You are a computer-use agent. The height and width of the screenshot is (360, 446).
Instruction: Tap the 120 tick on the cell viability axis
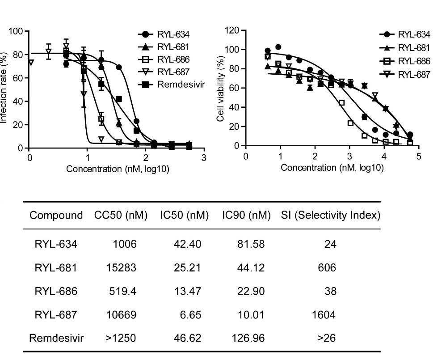pyautogui.click(x=232, y=31)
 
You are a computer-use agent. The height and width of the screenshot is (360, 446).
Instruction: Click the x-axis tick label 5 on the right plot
pyautogui.click(x=418, y=157)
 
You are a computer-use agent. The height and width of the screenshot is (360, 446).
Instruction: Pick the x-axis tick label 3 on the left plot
pyautogui.click(x=204, y=157)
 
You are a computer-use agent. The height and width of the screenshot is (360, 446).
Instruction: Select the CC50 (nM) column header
pyautogui.click(x=121, y=215)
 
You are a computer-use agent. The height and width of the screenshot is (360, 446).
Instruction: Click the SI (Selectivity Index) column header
pyautogui.click(x=331, y=215)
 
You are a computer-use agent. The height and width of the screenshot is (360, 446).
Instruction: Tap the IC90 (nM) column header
pyautogui.click(x=246, y=215)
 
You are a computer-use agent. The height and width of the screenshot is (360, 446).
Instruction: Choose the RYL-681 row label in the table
pyautogui.click(x=56, y=268)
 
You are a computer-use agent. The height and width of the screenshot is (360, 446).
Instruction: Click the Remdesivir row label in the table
pyautogui.click(x=56, y=338)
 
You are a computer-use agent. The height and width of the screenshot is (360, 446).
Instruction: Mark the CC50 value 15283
pyautogui.click(x=121, y=268)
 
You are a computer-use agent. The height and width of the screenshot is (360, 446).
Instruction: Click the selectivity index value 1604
pyautogui.click(x=324, y=315)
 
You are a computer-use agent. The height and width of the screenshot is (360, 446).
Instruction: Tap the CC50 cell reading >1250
pyautogui.click(x=121, y=338)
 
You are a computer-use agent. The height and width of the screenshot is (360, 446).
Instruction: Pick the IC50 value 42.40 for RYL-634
pyautogui.click(x=188, y=244)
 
